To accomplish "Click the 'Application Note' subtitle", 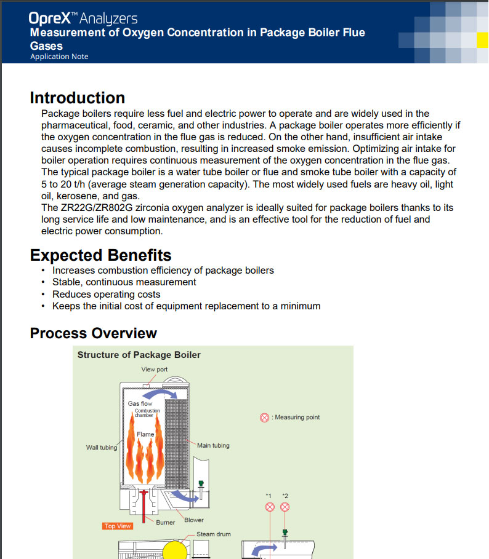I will click(59, 57).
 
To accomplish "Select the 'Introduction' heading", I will click(78, 98).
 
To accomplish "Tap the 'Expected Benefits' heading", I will click(101, 255).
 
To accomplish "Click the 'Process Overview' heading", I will click(94, 333).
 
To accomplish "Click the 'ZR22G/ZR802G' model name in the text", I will click(91, 208).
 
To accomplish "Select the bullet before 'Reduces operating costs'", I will click(42, 295).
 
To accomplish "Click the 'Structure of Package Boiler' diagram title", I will click(139, 355).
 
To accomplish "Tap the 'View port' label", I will click(154, 370).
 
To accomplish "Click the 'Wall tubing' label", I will click(101, 448).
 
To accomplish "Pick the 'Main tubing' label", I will click(213, 445).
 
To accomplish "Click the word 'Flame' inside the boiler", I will click(145, 434).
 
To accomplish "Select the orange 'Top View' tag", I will click(117, 526).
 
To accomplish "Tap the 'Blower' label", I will click(194, 520).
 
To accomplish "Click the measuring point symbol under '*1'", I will click(269, 507).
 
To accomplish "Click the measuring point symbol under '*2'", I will click(285, 507).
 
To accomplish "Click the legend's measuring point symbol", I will click(264, 418).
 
